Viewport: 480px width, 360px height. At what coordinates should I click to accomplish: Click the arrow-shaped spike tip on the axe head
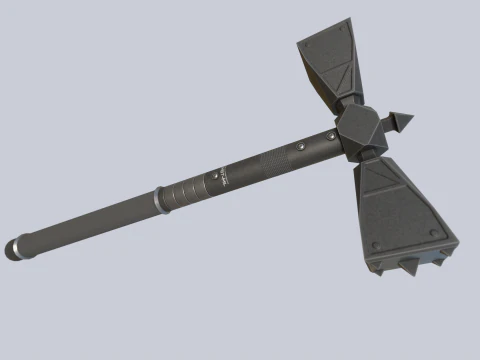click(x=404, y=123)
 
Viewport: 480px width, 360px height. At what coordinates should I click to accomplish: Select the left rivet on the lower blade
click(x=376, y=245)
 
